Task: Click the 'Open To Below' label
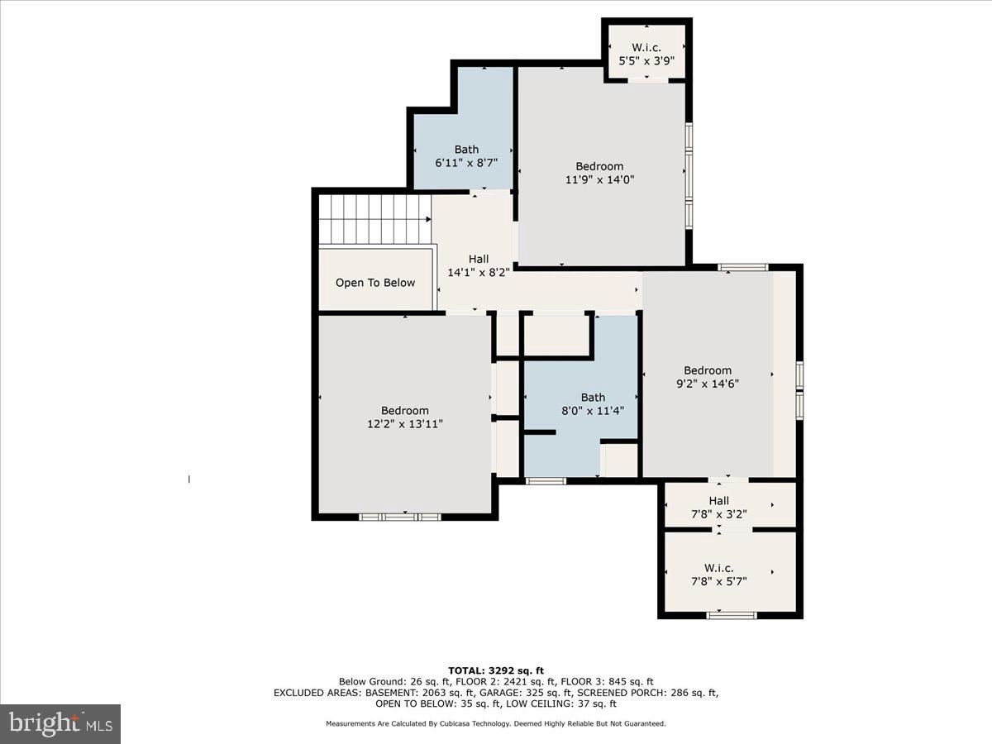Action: click(375, 283)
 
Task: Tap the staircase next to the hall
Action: click(374, 219)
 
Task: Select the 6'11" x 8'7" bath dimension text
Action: click(466, 164)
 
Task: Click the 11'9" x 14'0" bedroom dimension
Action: click(599, 179)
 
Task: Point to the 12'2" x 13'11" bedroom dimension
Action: click(405, 424)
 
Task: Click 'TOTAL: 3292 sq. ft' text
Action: click(496, 670)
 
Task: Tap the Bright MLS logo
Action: click(60, 723)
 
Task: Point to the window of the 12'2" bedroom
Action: click(400, 517)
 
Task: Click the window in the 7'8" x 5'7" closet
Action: click(732, 615)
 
